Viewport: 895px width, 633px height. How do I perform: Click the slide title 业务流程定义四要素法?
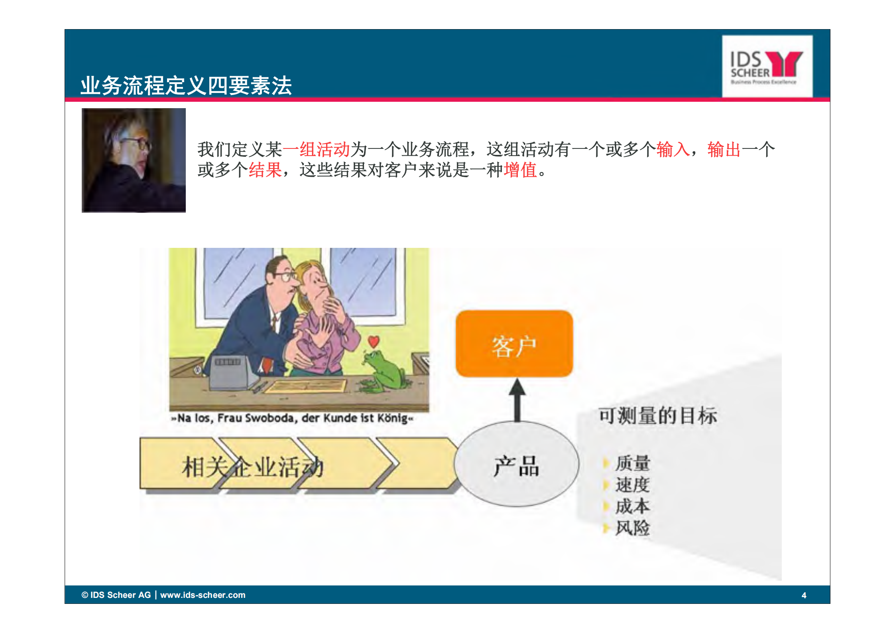(186, 85)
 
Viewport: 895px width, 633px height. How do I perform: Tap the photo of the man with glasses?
(134, 160)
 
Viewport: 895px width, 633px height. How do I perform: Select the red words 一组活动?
(316, 150)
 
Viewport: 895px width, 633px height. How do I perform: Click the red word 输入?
(673, 150)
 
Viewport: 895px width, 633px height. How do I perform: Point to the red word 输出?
(724, 150)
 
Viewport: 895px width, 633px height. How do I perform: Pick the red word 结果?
(265, 170)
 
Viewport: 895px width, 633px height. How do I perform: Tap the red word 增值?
(520, 170)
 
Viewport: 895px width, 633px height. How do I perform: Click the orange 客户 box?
(514, 344)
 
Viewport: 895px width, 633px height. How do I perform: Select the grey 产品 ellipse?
(516, 465)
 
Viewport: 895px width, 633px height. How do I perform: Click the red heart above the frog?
(373, 342)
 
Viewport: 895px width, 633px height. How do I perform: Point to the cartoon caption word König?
(392, 418)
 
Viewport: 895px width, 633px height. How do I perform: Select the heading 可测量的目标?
(657, 415)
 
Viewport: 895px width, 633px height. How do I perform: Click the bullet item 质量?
(632, 463)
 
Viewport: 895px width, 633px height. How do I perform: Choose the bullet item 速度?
(632, 485)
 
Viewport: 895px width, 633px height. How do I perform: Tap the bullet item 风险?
(632, 528)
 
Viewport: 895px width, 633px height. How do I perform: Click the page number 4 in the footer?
(804, 595)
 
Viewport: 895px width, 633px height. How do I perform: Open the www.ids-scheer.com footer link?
(203, 595)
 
